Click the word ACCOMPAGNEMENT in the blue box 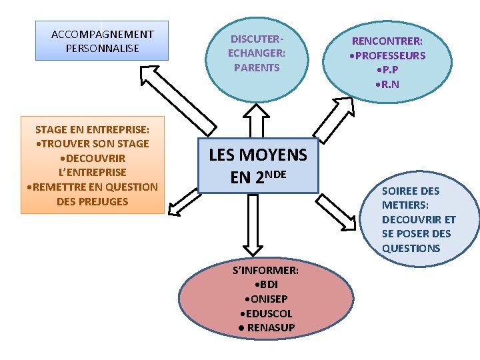point(102,34)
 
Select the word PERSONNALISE point(102,48)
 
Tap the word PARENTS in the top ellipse point(257,67)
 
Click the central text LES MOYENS point(258,155)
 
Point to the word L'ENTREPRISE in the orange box point(93,173)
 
